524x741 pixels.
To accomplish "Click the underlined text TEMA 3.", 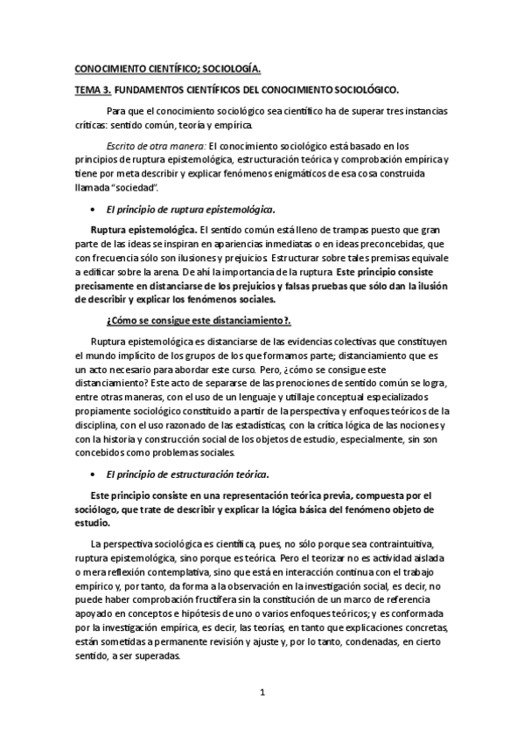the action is pyautogui.click(x=90, y=89).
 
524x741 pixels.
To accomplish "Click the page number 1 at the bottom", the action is pyautogui.click(x=262, y=692).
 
